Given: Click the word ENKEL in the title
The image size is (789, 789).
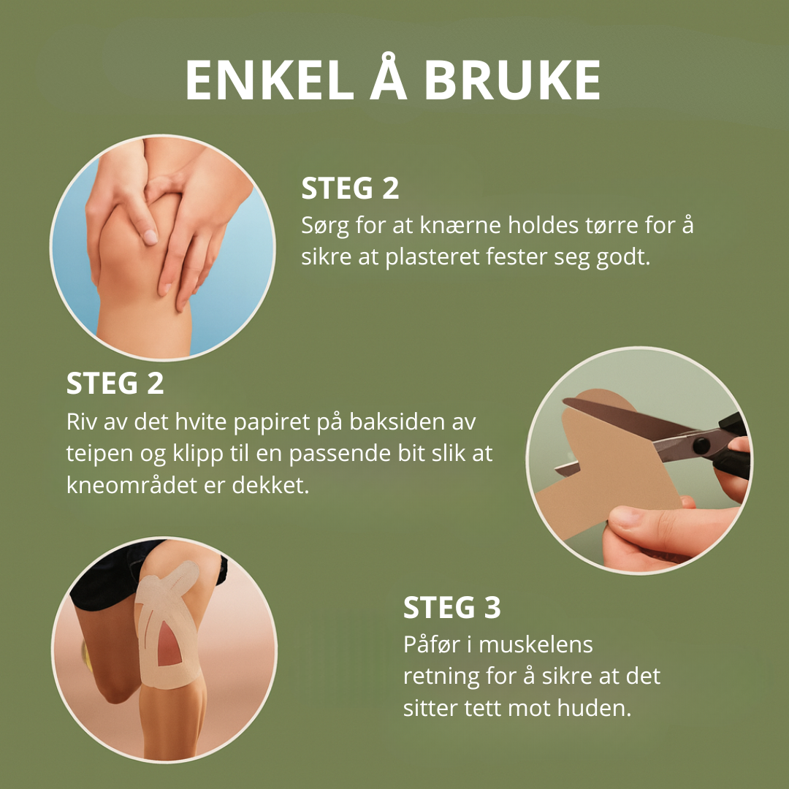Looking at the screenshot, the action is (270, 80).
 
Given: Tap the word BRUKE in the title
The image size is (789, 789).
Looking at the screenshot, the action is (512, 80).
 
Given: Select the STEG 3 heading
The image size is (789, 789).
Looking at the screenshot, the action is (452, 607).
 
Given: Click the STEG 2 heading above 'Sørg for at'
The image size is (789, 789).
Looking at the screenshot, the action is (350, 188).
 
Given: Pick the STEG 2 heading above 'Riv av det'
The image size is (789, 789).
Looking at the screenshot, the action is (115, 384).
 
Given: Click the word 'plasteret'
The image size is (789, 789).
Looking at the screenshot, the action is (432, 258).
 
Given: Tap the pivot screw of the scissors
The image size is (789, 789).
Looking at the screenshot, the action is (700, 445).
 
